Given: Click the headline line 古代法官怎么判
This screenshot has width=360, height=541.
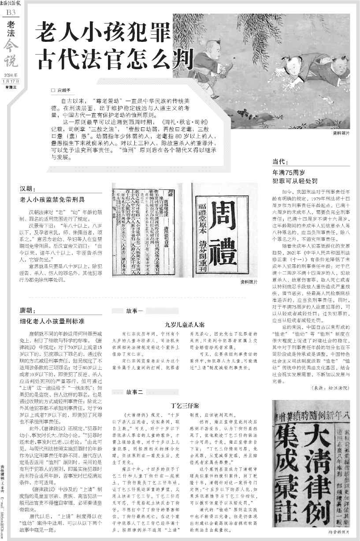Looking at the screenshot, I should coord(109,56).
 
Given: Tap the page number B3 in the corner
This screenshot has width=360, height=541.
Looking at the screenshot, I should coord(11,13).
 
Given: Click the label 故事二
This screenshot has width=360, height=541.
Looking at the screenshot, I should coord(134,392).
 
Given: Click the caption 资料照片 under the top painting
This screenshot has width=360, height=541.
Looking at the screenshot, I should coord(340,133).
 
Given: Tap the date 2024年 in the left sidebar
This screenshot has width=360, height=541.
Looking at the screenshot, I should coord(11,75).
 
